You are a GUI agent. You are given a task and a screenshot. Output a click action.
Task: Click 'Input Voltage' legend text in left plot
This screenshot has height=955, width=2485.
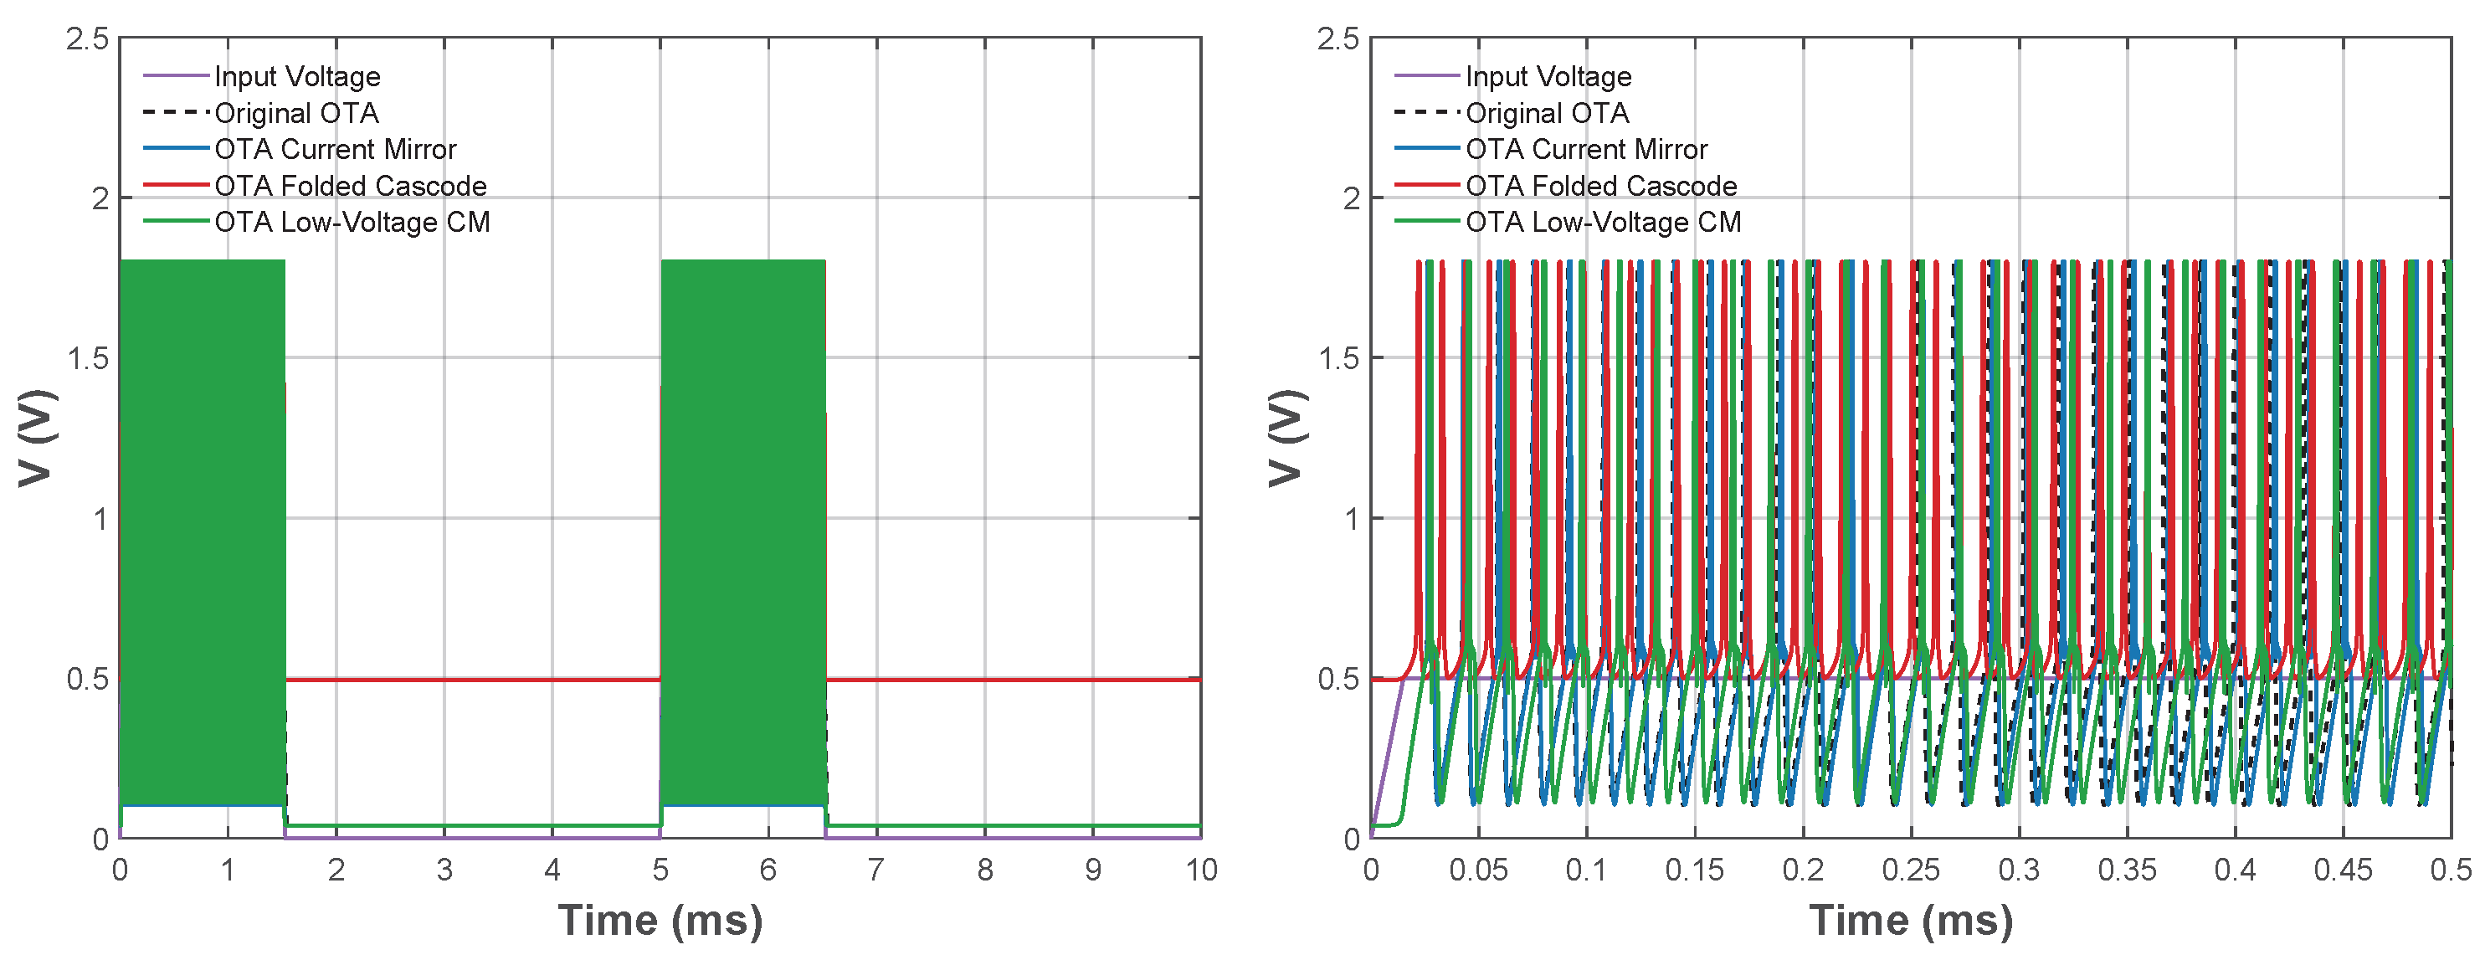(x=297, y=76)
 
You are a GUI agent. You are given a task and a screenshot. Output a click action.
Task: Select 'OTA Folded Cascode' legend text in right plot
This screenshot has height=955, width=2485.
(x=1601, y=185)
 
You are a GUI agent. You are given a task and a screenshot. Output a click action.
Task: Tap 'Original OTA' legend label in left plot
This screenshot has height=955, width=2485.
(x=296, y=113)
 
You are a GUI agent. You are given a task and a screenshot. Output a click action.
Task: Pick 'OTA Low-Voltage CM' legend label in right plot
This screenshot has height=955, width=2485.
(x=1604, y=222)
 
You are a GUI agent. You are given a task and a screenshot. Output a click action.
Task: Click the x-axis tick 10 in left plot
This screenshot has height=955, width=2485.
(x=1201, y=870)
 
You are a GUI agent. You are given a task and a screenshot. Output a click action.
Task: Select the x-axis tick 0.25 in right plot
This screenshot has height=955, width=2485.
(x=1910, y=870)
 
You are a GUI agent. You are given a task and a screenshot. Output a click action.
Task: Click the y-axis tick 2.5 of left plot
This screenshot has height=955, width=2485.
(x=87, y=39)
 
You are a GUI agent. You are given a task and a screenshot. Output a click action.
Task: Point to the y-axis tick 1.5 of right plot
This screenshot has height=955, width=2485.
(x=1338, y=359)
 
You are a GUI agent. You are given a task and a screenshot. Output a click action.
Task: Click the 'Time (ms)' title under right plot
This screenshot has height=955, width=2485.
(x=1910, y=921)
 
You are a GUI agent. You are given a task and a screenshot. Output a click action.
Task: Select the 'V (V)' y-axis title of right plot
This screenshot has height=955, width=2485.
(x=1286, y=439)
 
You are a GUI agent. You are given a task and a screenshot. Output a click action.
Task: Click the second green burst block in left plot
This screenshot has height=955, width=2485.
(x=742, y=531)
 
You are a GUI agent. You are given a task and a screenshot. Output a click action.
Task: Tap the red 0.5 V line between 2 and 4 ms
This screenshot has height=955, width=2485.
(x=444, y=679)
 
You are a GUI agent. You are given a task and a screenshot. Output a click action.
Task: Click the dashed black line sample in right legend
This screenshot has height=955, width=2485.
(x=1425, y=113)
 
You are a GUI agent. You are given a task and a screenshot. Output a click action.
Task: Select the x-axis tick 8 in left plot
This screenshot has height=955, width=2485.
(x=984, y=870)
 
